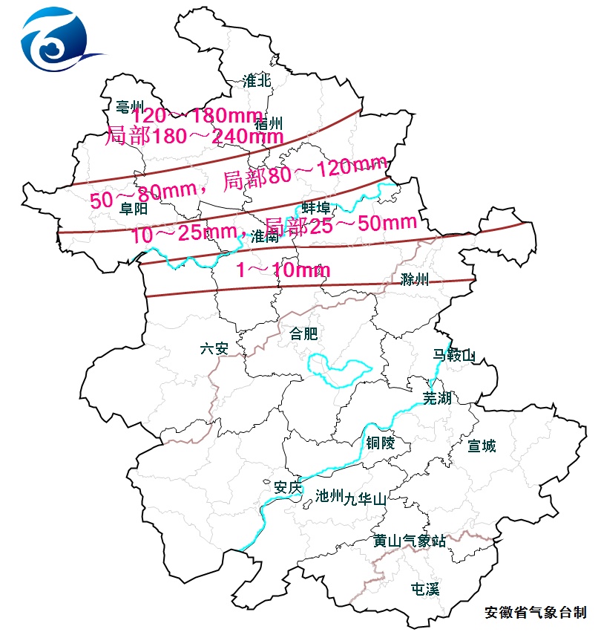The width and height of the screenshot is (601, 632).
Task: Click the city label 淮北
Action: [257, 81]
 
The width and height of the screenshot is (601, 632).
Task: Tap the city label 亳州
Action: [129, 106]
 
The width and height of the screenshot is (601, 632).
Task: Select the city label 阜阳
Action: [134, 209]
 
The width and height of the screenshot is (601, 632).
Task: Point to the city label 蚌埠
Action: [315, 207]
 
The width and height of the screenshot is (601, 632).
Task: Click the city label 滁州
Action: [415, 279]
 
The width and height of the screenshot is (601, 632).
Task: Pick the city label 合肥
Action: [303, 333]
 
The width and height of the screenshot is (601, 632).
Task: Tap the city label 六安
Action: [214, 348]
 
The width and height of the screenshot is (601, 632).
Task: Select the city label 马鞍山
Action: [453, 356]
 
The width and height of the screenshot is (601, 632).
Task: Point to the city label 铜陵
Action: [380, 443]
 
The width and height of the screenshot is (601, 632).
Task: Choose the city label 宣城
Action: [482, 446]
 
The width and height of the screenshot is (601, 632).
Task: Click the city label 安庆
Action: [289, 487]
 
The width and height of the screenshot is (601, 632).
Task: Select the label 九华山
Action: [365, 500]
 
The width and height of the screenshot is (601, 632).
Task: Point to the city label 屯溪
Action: [425, 589]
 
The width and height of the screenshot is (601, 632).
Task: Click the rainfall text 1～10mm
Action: [283, 270]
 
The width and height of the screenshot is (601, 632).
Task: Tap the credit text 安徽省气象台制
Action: [535, 613]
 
